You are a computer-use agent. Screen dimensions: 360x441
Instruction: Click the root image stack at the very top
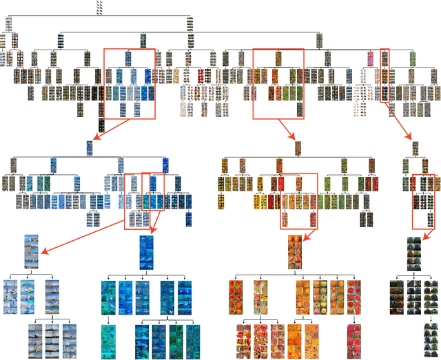coord(101,7)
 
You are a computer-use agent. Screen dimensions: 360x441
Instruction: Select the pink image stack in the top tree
coord(370,59)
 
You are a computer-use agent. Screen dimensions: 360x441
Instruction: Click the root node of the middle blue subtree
coord(90,147)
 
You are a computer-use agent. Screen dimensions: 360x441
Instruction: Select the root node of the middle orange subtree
coord(298,147)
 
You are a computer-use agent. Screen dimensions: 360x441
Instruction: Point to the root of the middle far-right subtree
coord(415,147)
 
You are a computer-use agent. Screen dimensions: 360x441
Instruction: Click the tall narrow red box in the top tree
coord(384,74)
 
